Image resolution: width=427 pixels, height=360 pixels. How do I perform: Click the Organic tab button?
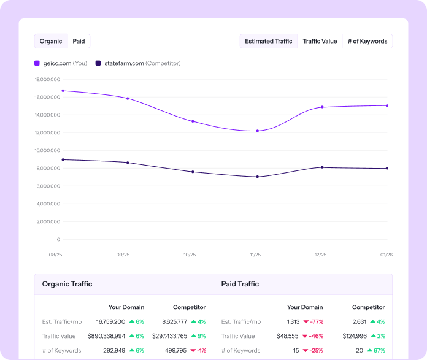point(51,41)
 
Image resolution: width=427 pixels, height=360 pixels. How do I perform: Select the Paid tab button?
point(79,41)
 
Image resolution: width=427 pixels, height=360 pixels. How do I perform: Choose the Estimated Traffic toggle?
point(268,41)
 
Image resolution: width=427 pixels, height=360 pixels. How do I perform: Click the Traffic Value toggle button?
point(320,41)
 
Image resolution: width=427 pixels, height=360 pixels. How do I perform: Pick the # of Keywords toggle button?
point(367,41)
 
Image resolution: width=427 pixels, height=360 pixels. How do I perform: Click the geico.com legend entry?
point(61,63)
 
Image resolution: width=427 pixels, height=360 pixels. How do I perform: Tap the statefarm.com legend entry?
point(138,63)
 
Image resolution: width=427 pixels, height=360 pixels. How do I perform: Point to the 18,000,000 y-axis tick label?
point(47,79)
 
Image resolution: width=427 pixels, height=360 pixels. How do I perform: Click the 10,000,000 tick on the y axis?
point(47,150)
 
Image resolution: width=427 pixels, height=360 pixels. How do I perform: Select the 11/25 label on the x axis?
point(255,254)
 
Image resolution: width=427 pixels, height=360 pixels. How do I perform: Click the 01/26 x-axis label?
point(385,254)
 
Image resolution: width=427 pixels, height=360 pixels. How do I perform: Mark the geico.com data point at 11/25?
point(257,131)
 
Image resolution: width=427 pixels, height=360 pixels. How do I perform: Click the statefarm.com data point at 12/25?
point(322,167)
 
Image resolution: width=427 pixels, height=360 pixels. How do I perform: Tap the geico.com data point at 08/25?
point(63,91)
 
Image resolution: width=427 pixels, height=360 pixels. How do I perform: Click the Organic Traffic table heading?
point(67,284)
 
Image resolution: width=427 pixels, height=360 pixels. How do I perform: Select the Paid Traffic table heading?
point(240,284)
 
